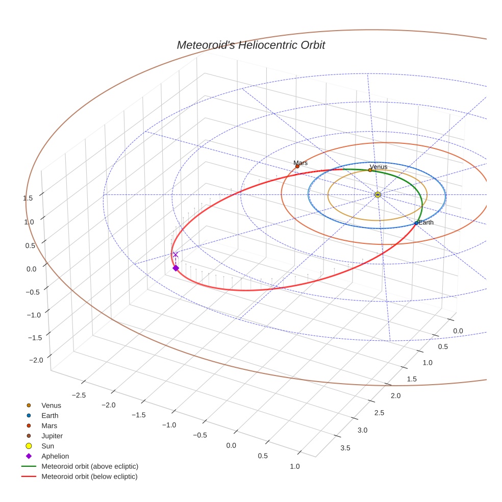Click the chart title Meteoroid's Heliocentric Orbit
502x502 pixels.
tap(250, 45)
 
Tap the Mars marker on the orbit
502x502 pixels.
tap(297, 166)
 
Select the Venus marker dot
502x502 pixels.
tap(370, 170)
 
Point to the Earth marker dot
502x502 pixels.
tap(416, 223)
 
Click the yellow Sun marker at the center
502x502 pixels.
tap(378, 194)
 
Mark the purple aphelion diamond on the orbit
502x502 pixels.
tap(175, 268)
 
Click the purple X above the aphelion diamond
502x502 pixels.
tap(175, 255)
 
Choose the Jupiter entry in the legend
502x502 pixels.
tap(52, 436)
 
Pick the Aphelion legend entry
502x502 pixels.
tap(55, 456)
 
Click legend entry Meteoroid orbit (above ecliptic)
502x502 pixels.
tap(90, 466)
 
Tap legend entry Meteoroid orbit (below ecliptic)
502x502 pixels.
tap(90, 476)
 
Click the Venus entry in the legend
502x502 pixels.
tap(51, 405)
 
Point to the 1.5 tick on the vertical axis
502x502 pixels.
tap(29, 198)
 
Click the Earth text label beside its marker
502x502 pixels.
tap(426, 222)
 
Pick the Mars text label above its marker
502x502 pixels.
tap(300, 163)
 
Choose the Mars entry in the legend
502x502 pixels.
tap(49, 425)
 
